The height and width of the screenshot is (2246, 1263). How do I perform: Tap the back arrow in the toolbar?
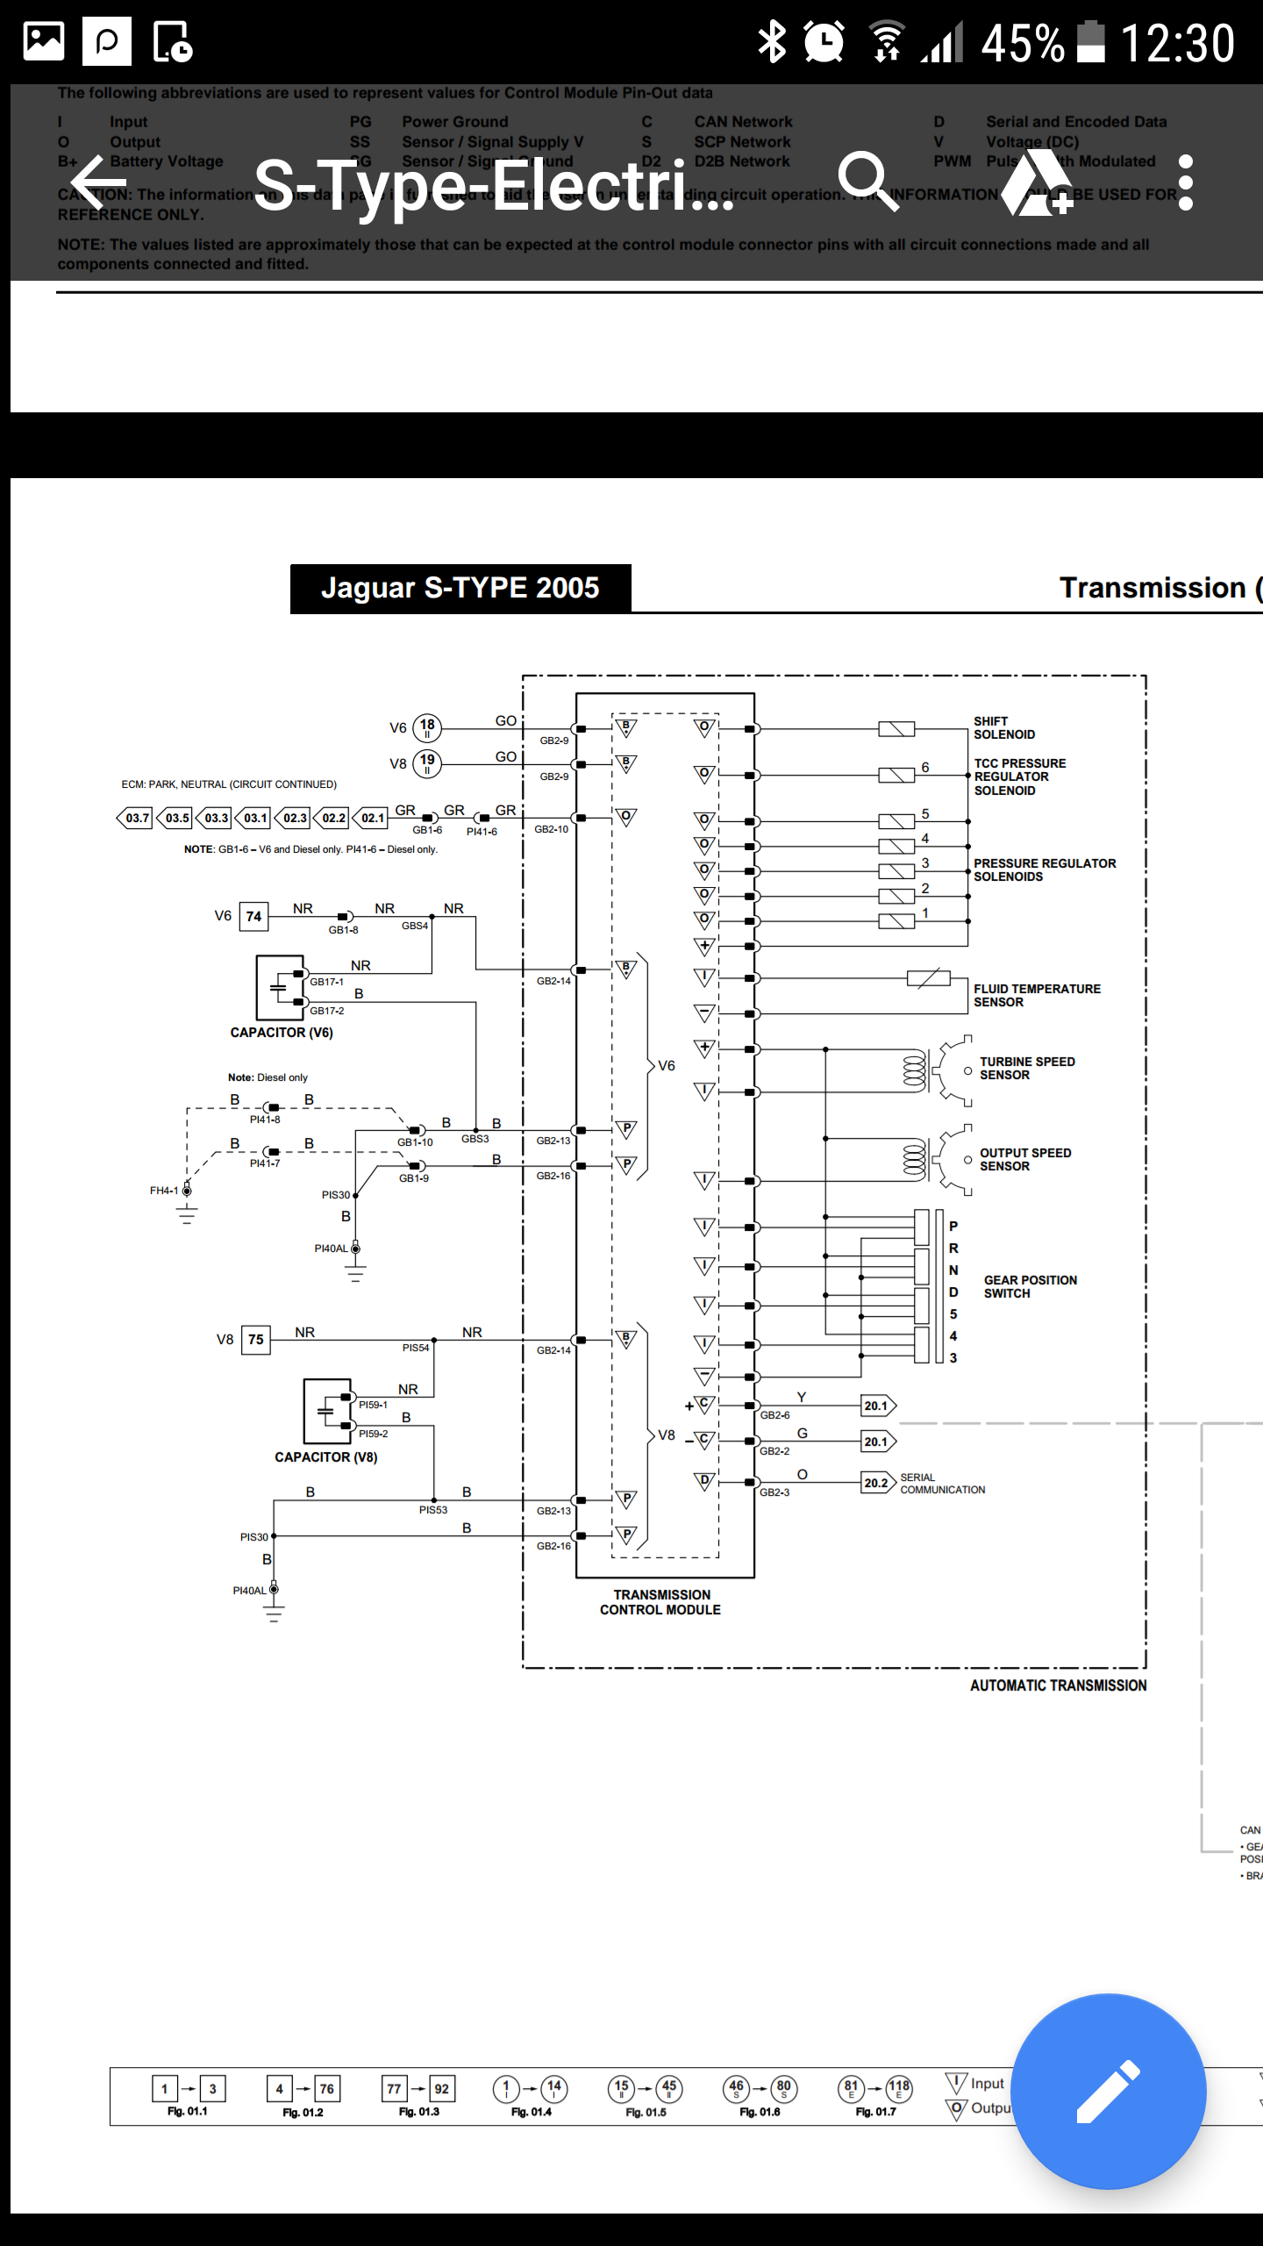98,183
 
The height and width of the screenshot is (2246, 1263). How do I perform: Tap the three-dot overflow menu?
1185,183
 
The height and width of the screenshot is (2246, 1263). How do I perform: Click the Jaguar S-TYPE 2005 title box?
460,588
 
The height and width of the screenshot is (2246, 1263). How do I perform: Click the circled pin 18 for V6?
427,726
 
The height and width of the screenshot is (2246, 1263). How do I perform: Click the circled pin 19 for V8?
427,762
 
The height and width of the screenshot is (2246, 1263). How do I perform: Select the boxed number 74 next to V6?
253,916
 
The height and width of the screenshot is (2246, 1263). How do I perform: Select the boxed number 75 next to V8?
255,1340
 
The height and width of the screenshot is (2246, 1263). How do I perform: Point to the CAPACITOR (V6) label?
282,1033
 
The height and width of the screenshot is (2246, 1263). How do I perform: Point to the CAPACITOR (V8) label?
325,1457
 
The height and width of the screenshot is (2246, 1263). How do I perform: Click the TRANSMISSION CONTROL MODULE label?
660,1602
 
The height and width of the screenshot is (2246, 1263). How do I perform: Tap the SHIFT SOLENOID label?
1003,728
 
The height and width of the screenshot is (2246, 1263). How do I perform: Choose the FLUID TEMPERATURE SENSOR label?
1036,996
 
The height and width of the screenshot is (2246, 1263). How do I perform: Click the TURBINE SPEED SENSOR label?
1026,1069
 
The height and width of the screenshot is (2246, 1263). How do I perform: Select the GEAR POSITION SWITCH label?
1030,1287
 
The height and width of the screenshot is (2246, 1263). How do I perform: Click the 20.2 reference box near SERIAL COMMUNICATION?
876,1483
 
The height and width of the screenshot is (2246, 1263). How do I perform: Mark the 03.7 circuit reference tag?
136,818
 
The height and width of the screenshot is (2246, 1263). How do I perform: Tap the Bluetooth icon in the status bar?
772,41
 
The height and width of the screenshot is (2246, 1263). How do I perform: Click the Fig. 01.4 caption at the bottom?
531,2112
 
